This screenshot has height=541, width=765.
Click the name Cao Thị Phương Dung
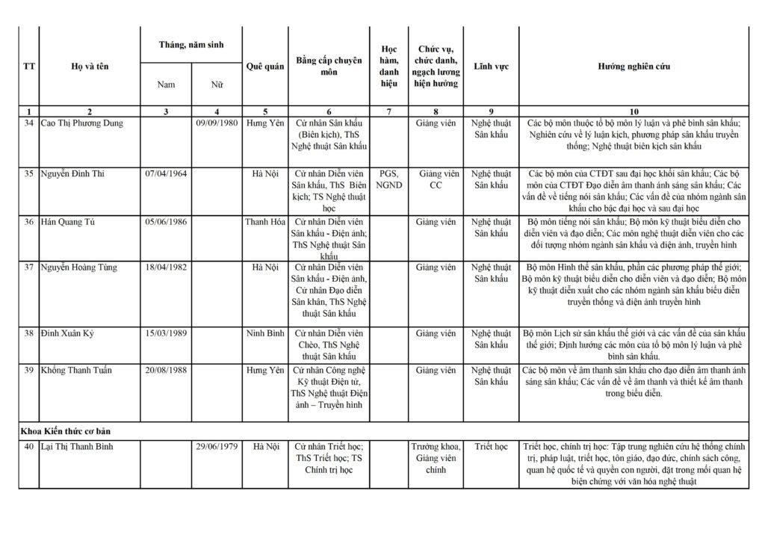pyautogui.click(x=81, y=123)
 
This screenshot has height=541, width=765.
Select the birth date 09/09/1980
pyautogui.click(x=216, y=123)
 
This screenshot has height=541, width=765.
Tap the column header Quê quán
pyautogui.click(x=264, y=67)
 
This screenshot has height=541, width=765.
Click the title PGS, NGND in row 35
pyautogui.click(x=388, y=179)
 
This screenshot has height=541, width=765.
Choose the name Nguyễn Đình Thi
pyautogui.click(x=73, y=174)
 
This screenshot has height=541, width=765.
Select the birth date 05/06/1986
pyautogui.click(x=166, y=222)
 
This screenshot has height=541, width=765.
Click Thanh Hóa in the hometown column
pyautogui.click(x=264, y=222)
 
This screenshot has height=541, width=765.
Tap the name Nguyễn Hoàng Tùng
pyautogui.click(x=78, y=268)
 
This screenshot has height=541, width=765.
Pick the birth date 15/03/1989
pyautogui.click(x=166, y=333)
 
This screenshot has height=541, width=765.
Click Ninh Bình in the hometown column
pyautogui.click(x=264, y=333)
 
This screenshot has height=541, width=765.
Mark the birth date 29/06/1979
pyautogui.click(x=216, y=447)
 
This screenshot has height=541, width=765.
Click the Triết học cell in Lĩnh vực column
pyautogui.click(x=491, y=447)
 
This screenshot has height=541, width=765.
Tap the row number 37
pyautogui.click(x=28, y=268)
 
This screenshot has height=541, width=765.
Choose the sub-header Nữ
pyautogui.click(x=216, y=84)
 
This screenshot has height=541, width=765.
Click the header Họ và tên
pyautogui.click(x=90, y=67)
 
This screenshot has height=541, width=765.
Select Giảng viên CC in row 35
pyautogui.click(x=436, y=179)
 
